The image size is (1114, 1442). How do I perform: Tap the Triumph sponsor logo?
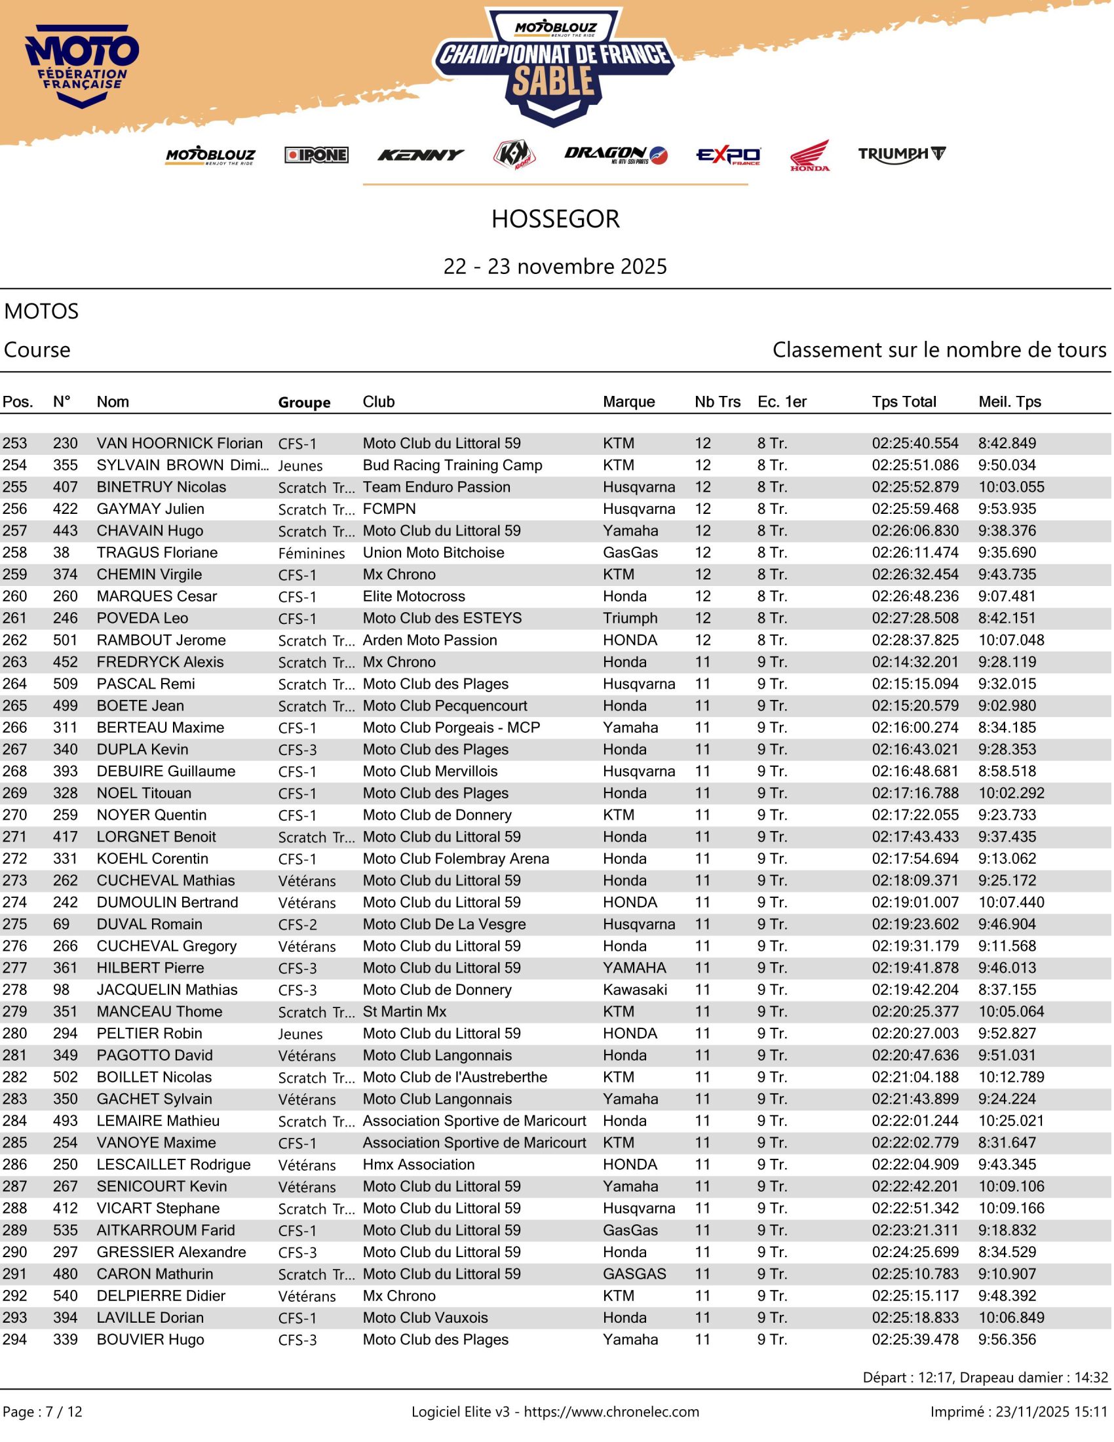pos(903,155)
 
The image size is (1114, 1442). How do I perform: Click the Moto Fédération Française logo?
pos(82,66)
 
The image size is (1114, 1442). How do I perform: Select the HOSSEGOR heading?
pos(556,219)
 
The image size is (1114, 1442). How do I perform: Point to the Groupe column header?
pos(305,402)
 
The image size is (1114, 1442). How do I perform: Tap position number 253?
pos(15,444)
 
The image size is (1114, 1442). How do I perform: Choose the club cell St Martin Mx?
pos(405,1012)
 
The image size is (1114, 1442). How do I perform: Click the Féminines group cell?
pos(312,554)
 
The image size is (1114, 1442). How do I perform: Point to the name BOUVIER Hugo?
pos(151,1340)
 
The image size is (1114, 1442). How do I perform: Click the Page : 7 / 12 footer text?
pos(43,1413)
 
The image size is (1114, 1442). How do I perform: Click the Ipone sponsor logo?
pos(317,155)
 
